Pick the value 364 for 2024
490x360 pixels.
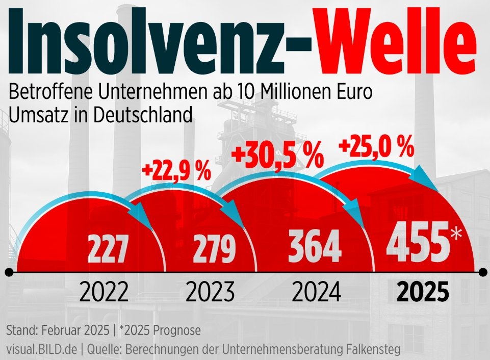click(x=314, y=246)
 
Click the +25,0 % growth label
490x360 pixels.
click(x=376, y=148)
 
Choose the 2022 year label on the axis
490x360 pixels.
click(x=104, y=293)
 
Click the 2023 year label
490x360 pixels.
click(x=210, y=293)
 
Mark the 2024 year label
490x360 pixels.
click(x=316, y=293)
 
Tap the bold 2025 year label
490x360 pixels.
click(x=423, y=293)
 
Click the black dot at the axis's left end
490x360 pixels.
click(x=9, y=273)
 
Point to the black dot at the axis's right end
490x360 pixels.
click(x=482, y=273)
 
